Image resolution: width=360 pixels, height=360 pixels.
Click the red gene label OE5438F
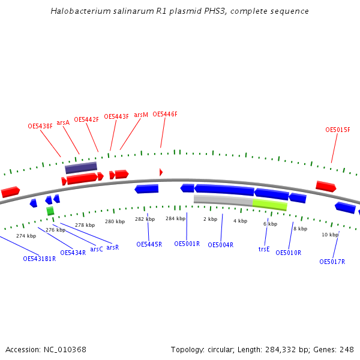[x=40, y=127]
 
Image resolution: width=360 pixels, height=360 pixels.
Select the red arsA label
[x=63, y=122]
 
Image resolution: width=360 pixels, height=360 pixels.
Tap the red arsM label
[x=141, y=115]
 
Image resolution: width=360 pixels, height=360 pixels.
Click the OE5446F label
[x=165, y=114]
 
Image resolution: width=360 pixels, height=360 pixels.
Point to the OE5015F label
[x=338, y=130]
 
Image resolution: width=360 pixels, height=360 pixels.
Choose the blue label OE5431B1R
[x=40, y=259]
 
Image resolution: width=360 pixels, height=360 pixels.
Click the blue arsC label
[x=97, y=249]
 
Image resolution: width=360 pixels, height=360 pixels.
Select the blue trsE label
[x=264, y=249]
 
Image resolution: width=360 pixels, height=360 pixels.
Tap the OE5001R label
[x=187, y=244]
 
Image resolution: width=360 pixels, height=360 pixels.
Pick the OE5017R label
[x=332, y=262]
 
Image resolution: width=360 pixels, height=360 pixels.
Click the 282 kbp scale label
[x=145, y=220]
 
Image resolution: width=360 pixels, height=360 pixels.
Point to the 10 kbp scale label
[x=330, y=235]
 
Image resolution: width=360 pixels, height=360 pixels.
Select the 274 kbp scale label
[x=26, y=236]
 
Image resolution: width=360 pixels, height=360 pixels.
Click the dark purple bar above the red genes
[x=81, y=167]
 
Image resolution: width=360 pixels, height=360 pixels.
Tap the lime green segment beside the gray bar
[x=270, y=205]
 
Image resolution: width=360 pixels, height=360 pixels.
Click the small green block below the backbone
[x=50, y=211]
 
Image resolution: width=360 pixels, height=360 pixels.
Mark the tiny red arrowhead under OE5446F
[x=161, y=172]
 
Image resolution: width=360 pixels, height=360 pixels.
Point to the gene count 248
[x=347, y=350]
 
